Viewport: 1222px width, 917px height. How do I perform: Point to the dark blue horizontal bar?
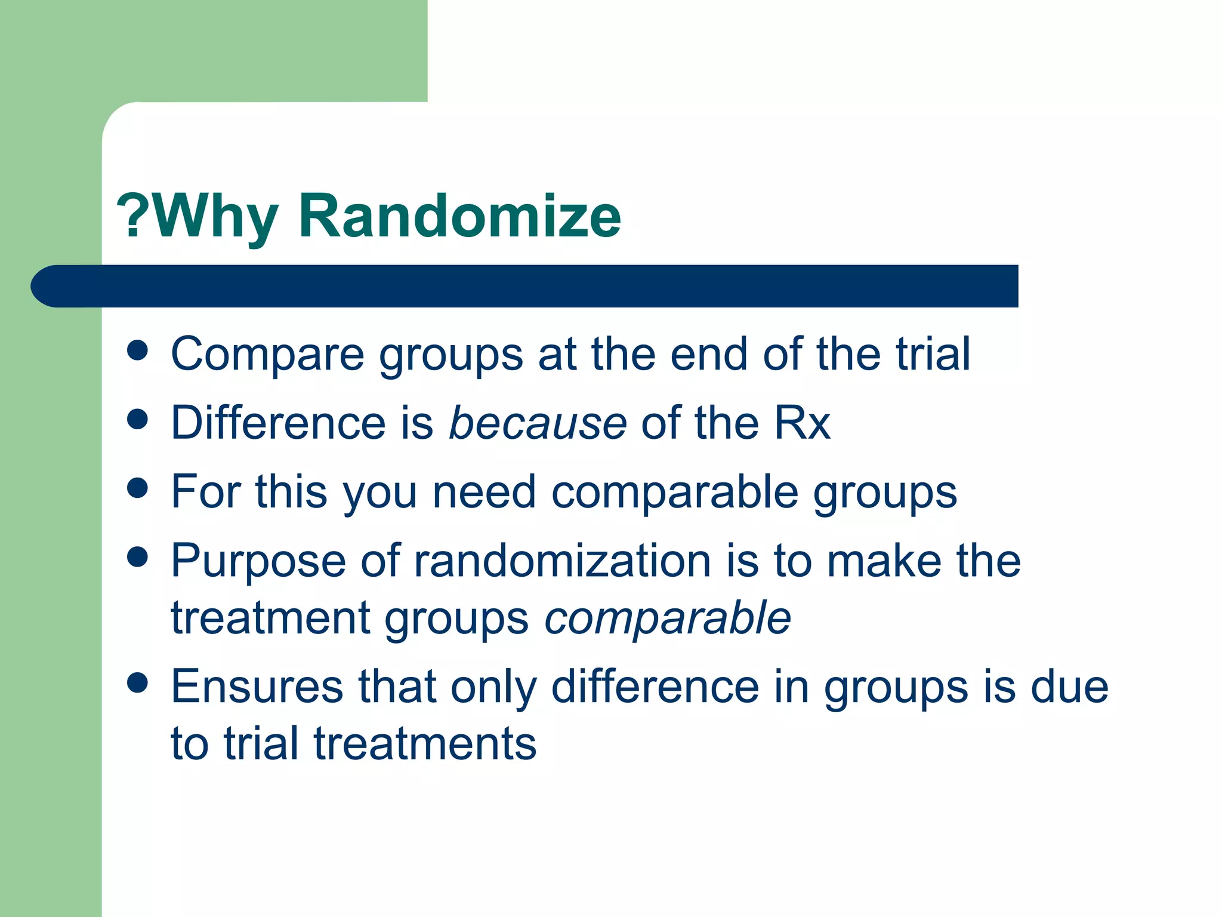(525, 286)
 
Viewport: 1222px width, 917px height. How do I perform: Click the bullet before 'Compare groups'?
(138, 350)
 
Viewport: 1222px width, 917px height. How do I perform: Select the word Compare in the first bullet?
(267, 355)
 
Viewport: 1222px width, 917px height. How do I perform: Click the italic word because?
(538, 423)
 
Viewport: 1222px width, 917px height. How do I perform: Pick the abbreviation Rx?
(802, 423)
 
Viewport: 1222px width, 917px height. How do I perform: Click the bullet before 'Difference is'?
(138, 419)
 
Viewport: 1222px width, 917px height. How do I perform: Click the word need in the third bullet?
(484, 492)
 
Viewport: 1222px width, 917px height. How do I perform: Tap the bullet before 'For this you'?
(138, 488)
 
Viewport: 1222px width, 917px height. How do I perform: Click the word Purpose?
(258, 561)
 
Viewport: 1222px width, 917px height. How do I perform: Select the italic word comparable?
(668, 618)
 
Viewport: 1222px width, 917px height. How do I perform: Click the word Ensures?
(257, 687)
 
